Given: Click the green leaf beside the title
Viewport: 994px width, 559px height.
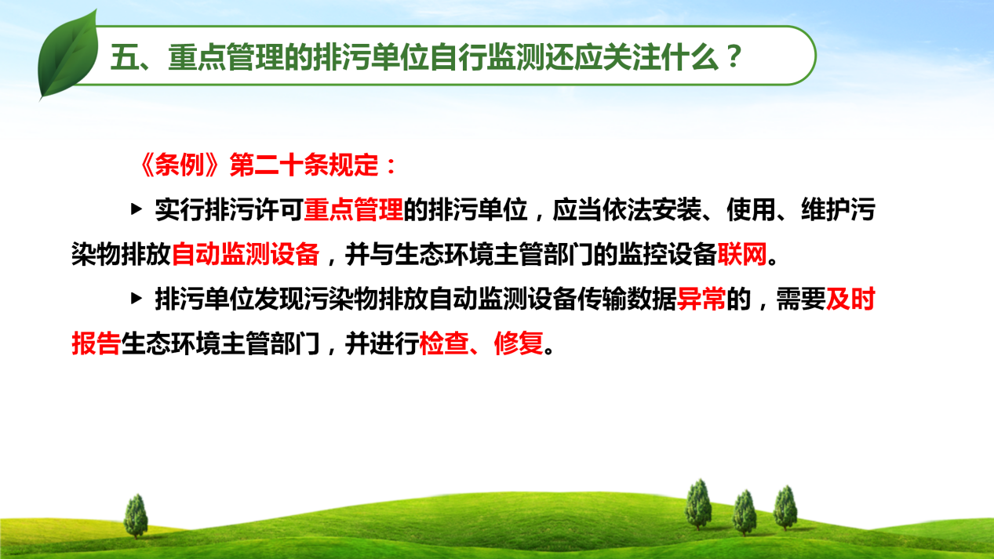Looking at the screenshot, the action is click(68, 56).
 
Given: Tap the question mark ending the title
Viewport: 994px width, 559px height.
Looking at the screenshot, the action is click(734, 56).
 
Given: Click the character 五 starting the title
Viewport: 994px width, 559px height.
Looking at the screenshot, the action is click(124, 57).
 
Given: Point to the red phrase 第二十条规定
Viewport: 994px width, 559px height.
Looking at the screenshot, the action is click(304, 165).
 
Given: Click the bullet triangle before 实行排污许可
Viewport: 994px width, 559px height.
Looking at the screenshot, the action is click(137, 209).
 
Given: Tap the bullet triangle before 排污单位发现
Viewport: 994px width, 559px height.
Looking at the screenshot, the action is click(137, 299).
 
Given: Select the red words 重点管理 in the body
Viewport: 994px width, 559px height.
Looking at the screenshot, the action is click(354, 209).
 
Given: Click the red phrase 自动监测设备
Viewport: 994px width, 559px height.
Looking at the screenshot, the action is click(246, 254).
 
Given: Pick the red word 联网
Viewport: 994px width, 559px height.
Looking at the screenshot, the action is click(742, 254).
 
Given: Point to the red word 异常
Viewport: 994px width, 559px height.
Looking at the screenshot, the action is click(701, 299).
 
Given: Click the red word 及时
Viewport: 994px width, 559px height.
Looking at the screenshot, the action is click(850, 299).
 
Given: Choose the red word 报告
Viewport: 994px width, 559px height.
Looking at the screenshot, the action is click(96, 343).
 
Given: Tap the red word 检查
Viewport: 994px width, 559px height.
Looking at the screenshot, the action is click(444, 343).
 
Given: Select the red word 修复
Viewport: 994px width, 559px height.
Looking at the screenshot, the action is click(519, 343).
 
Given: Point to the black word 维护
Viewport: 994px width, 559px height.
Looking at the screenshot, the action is click(826, 209).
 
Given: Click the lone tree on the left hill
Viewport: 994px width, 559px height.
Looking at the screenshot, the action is click(136, 516).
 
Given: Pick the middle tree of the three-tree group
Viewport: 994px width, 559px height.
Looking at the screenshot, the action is click(745, 513).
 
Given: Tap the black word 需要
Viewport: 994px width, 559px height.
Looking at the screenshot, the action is click(801, 299).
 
